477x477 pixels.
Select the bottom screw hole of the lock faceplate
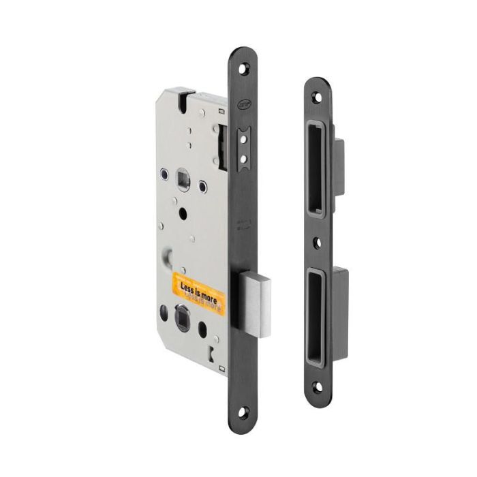[x=243, y=410]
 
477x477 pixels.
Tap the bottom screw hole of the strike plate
[x=317, y=386]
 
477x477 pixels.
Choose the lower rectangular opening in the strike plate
[x=317, y=315]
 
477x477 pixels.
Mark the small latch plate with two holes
[x=243, y=146]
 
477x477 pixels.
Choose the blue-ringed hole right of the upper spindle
[x=202, y=185]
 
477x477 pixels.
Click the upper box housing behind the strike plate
[x=339, y=166]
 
